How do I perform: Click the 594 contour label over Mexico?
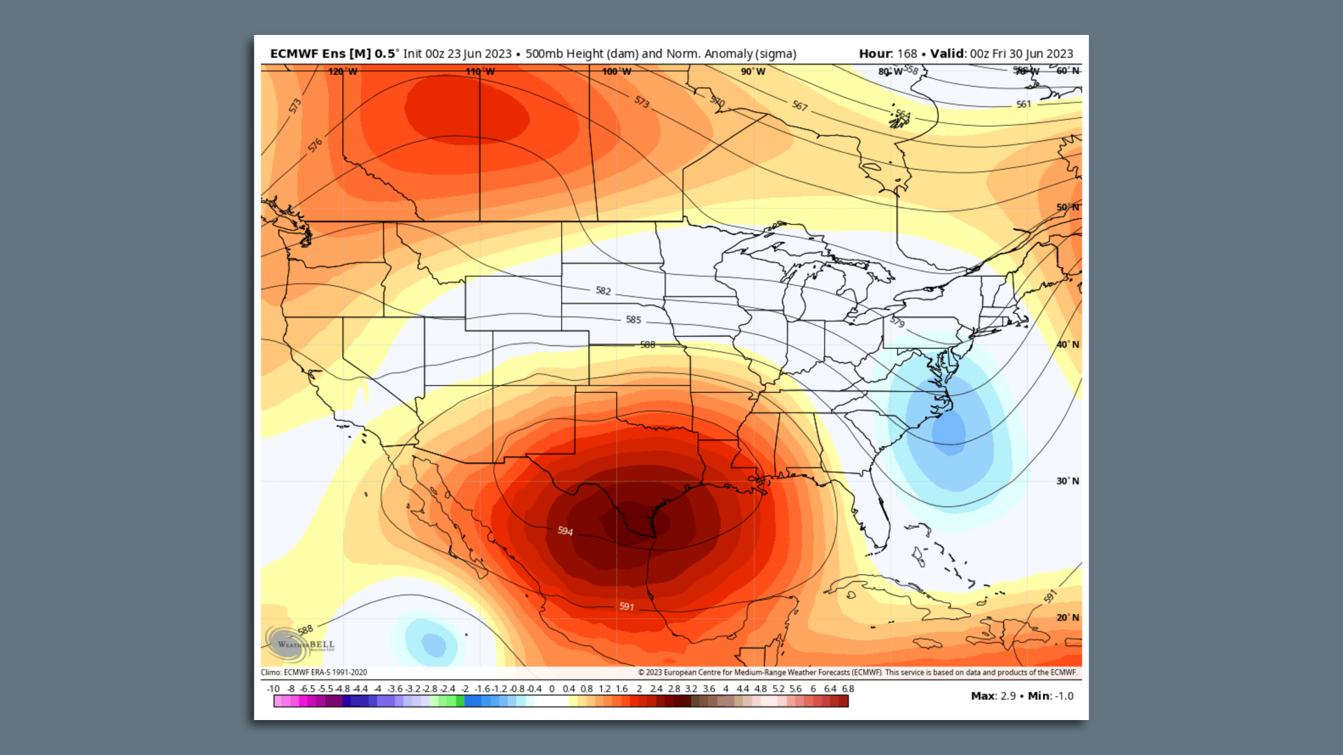[565, 531]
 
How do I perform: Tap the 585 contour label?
[633, 319]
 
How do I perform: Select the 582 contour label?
[603, 291]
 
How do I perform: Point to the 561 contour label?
[1023, 104]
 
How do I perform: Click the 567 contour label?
[800, 106]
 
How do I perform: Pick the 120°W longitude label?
[343, 71]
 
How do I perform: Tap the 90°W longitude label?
[753, 71]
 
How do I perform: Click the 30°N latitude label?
[1067, 481]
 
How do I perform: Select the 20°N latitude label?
[1067, 617]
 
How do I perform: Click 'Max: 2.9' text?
[993, 696]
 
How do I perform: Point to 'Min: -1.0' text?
[1051, 696]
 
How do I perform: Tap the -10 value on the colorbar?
[273, 689]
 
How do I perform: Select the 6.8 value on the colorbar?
[848, 689]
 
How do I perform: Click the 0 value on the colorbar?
[552, 689]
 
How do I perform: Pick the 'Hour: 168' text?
[887, 54]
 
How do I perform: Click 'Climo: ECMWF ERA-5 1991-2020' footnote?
[314, 673]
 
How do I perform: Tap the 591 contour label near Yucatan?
[627, 606]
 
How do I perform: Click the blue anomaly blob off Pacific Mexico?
[433, 643]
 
